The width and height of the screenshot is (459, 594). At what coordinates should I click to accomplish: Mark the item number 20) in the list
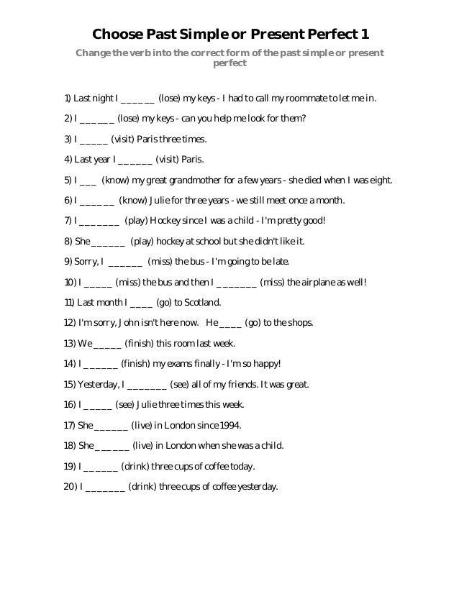70,487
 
